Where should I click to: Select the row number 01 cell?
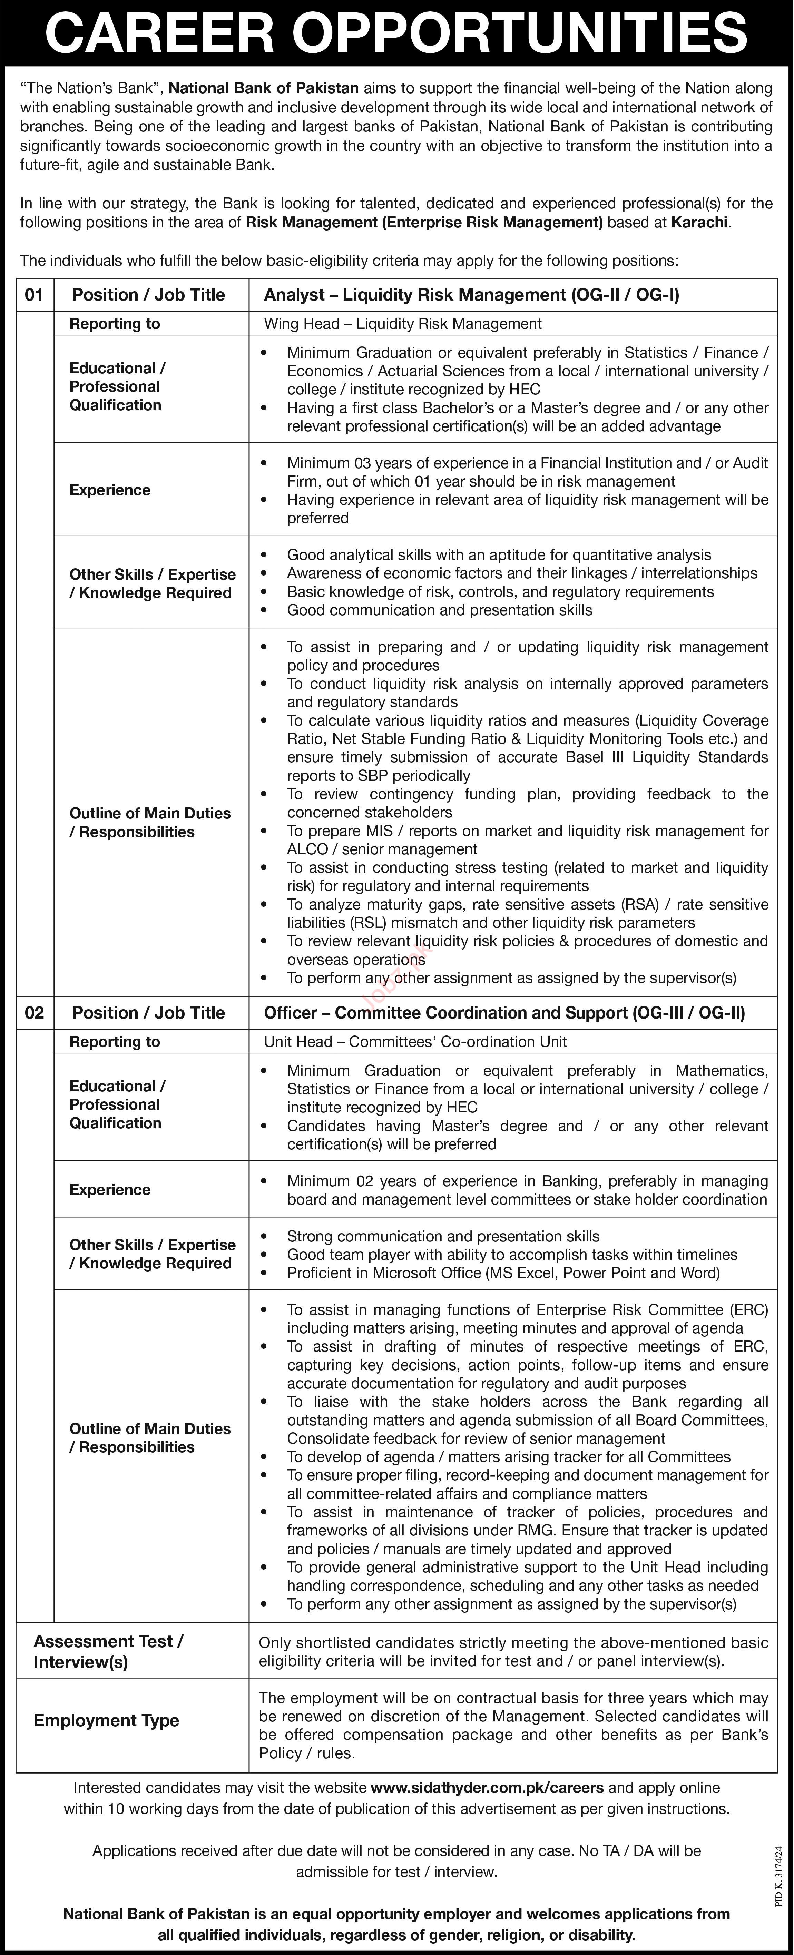point(34,294)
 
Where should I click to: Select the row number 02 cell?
point(34,1012)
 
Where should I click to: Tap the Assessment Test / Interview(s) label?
point(109,1651)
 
